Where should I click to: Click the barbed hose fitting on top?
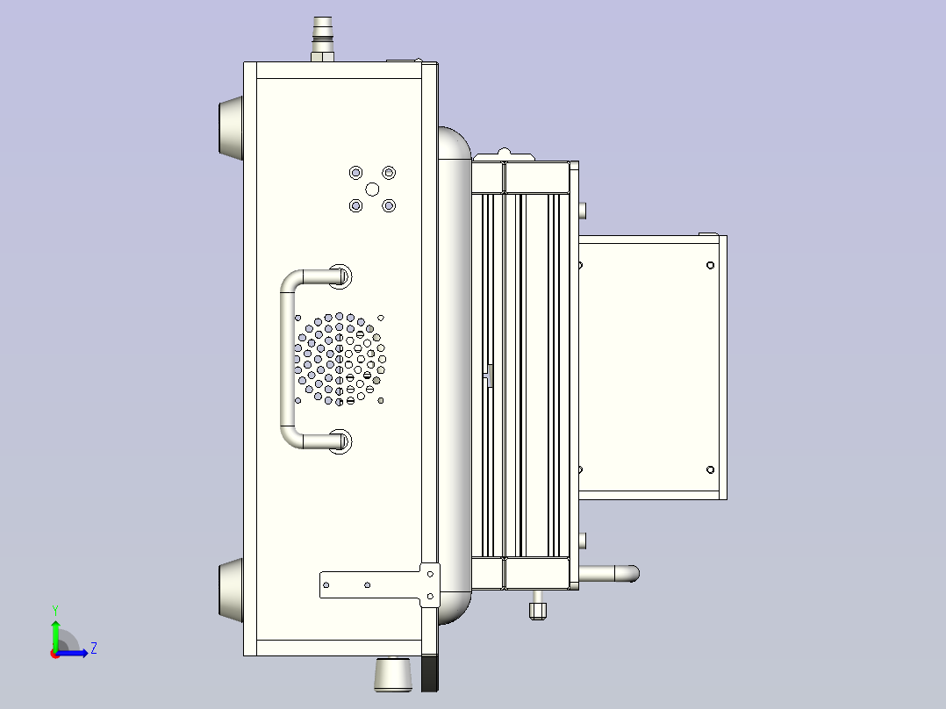click(322, 37)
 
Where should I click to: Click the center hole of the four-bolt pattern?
click(372, 189)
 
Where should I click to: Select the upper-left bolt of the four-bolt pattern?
click(355, 172)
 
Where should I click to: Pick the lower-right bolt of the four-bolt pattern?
click(389, 205)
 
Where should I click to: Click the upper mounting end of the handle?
click(340, 277)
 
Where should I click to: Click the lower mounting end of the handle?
click(340, 440)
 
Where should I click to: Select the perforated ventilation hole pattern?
click(340, 359)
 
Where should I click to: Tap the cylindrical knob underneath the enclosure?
click(393, 674)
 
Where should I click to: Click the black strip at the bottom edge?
click(430, 675)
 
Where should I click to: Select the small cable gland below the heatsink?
click(537, 606)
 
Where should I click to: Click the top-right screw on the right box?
click(710, 265)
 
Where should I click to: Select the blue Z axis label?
click(93, 648)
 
